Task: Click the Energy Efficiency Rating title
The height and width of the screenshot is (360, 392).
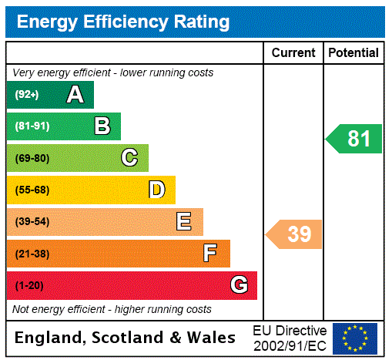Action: (x=122, y=22)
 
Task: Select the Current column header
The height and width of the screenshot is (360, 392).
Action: (x=293, y=52)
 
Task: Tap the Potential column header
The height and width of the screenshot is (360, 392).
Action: (x=353, y=52)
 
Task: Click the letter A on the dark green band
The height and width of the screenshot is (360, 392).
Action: (x=75, y=95)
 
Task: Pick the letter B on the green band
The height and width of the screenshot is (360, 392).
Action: (x=102, y=126)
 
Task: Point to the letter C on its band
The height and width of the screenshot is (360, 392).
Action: (x=129, y=158)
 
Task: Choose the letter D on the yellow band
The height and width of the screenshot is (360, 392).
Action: (x=156, y=190)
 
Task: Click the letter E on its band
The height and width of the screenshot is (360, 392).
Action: (x=184, y=222)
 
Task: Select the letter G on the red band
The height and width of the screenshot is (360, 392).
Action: (x=239, y=285)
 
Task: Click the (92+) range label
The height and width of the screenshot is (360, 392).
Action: (x=26, y=95)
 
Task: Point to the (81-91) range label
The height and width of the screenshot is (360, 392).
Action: (x=32, y=126)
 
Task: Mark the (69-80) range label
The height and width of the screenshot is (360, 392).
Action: (x=32, y=158)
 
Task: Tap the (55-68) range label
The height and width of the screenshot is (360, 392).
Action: (x=32, y=190)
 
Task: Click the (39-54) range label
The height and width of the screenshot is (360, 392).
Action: (x=32, y=222)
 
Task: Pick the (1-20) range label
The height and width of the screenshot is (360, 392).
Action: (x=29, y=285)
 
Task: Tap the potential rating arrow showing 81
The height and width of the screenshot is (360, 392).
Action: (x=355, y=139)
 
